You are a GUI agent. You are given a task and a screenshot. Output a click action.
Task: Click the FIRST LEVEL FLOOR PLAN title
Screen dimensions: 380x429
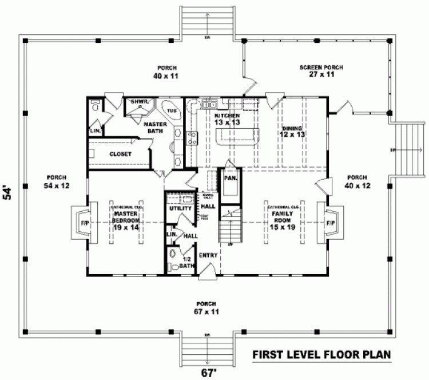pyautogui.click(x=321, y=354)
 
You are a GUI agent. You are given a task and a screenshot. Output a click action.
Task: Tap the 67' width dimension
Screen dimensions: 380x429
pyautogui.click(x=208, y=373)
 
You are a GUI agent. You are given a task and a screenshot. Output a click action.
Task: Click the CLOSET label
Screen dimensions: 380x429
pyautogui.click(x=120, y=154)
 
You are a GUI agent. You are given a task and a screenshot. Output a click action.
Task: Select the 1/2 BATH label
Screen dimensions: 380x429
pyautogui.click(x=187, y=263)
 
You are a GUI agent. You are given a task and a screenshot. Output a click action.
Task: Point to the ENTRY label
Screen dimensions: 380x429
pyautogui.click(x=207, y=255)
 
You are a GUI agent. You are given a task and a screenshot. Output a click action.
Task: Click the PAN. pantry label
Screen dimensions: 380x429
pyautogui.click(x=231, y=178)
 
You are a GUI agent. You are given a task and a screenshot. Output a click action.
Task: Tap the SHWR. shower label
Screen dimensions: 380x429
pyautogui.click(x=140, y=101)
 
